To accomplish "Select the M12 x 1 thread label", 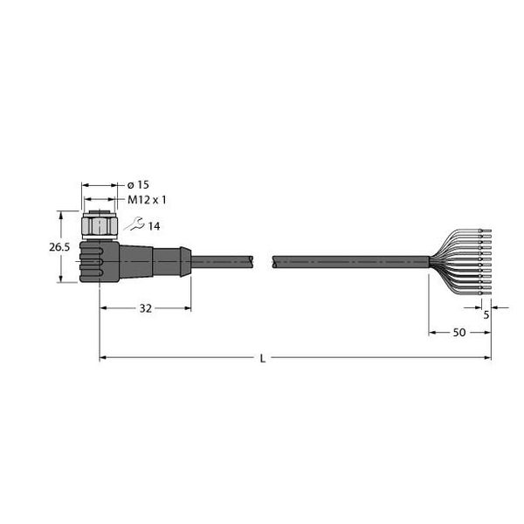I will (x=147, y=200).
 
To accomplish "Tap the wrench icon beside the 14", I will (x=133, y=225).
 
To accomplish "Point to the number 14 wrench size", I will (x=154, y=226).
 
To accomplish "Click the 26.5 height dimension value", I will (x=59, y=248).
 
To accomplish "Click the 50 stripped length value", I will (x=458, y=333).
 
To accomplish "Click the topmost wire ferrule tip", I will (x=486, y=231).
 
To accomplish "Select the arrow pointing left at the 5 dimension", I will (x=494, y=306).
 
